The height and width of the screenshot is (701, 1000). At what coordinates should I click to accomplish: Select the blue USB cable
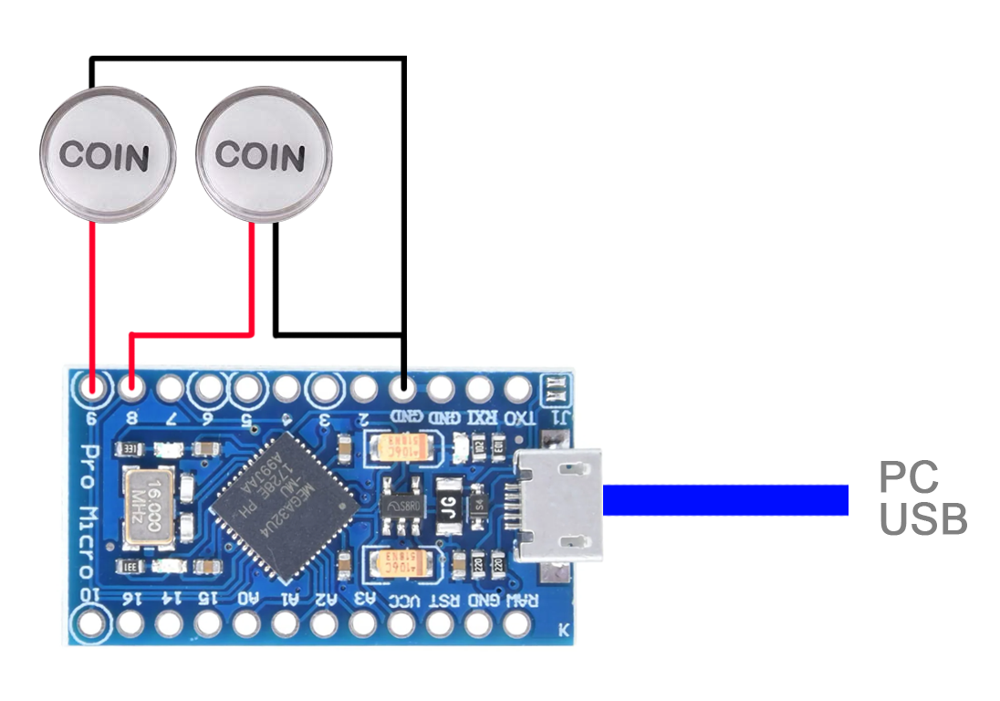(725, 500)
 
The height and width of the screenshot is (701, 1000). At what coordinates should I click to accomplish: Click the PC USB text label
(922, 498)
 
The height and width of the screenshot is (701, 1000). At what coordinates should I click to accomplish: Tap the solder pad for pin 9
(92, 390)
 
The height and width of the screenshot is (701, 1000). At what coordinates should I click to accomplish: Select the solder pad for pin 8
(131, 390)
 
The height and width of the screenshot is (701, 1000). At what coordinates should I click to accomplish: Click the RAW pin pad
(518, 624)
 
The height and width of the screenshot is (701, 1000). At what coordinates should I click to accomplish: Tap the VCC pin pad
(401, 624)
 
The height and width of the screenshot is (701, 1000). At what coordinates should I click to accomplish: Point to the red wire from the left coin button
(92, 301)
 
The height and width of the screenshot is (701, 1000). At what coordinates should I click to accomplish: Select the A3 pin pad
(362, 624)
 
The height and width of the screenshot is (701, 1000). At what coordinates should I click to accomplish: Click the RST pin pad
(441, 624)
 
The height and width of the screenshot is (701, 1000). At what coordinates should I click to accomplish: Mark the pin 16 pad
(130, 624)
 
